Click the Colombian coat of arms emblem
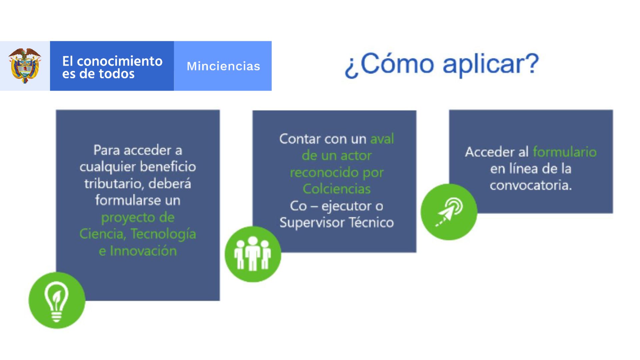[x=25, y=66]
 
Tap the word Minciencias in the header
[x=223, y=66]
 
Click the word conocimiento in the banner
[x=120, y=61]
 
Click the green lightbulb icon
[x=57, y=300]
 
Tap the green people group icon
[x=253, y=254]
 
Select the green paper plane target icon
[x=449, y=212]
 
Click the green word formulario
[x=565, y=152]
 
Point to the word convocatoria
[x=530, y=185]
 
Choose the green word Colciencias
[x=337, y=189]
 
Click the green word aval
[x=382, y=139]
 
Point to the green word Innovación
[x=143, y=251]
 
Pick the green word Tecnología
[x=163, y=234]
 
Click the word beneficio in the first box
[x=167, y=166]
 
